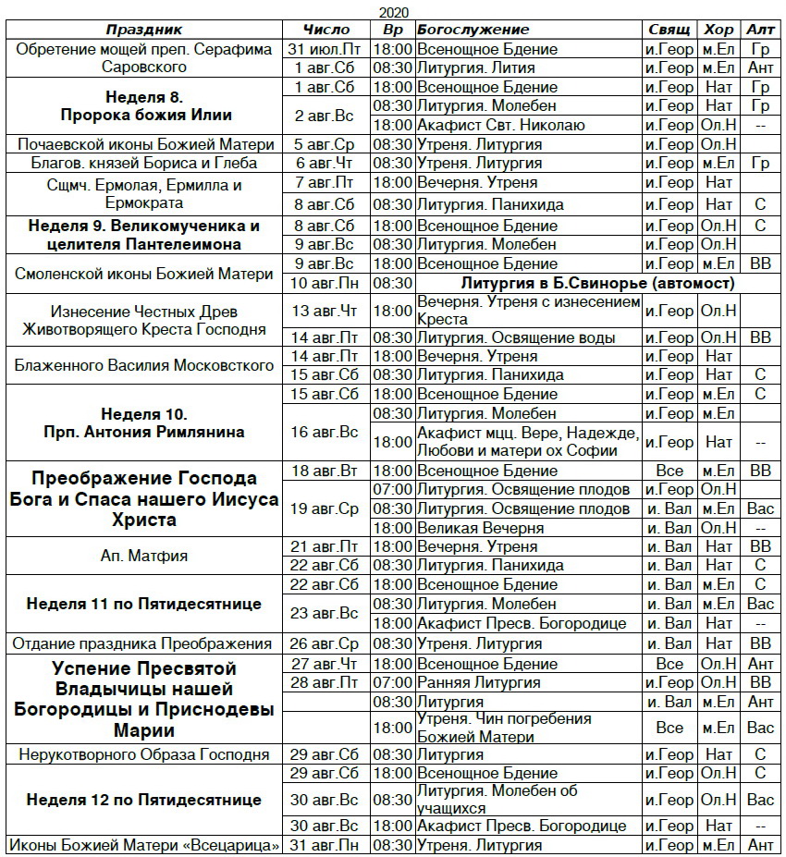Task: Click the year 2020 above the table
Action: click(x=392, y=12)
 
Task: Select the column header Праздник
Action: click(x=143, y=30)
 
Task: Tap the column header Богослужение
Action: click(x=473, y=30)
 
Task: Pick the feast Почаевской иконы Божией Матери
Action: click(x=145, y=144)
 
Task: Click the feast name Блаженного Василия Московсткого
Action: click(x=144, y=365)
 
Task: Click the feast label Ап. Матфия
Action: click(x=144, y=556)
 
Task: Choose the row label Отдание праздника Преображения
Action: click(x=144, y=643)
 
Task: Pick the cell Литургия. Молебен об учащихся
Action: click(x=497, y=800)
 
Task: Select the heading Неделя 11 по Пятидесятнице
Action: click(x=144, y=604)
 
